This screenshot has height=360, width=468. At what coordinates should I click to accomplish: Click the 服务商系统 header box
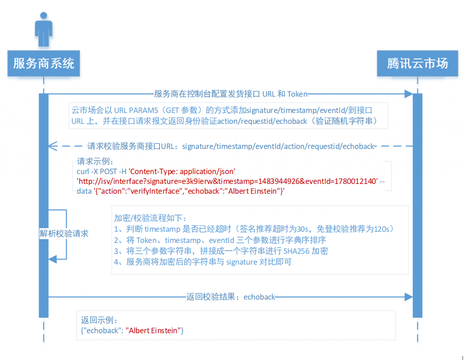point(44,63)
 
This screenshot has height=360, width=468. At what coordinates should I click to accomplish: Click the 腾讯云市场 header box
point(418,63)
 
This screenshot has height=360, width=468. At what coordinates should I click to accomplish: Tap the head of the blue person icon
point(44,15)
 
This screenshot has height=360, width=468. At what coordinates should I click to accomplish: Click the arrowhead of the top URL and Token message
point(408,94)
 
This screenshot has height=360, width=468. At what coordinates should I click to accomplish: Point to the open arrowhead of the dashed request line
point(53,146)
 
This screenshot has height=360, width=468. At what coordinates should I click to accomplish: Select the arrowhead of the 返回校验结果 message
point(408,297)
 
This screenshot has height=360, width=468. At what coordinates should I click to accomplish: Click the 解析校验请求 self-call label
point(64,233)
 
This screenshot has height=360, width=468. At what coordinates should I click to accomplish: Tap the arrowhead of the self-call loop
point(53,259)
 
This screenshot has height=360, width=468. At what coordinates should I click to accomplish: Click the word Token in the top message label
point(297,94)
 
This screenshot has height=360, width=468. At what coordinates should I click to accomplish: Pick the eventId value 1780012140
point(355,181)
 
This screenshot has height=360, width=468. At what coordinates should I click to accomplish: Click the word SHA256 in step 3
point(297,251)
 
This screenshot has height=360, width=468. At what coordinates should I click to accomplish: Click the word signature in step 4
point(242,262)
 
